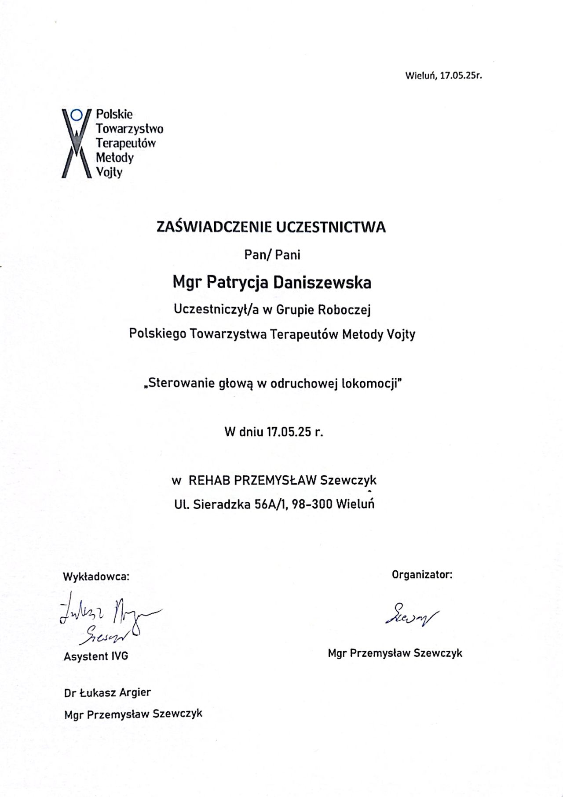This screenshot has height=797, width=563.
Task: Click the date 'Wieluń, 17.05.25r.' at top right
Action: tap(443, 75)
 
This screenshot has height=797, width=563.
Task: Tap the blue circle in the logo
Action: tap(77, 115)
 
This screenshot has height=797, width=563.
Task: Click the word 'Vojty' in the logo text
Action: tap(109, 172)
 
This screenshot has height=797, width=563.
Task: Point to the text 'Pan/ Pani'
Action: tap(272, 255)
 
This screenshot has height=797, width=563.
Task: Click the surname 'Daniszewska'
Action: tap(322, 283)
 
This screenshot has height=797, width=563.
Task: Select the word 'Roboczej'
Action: tap(344, 310)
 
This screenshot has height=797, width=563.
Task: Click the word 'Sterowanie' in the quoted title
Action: tap(181, 384)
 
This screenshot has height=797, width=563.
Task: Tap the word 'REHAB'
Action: tap(209, 480)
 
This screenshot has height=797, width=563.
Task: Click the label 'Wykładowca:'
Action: tap(97, 576)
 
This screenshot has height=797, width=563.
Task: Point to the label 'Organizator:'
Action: tap(422, 574)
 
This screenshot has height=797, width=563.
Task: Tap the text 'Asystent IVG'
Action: tap(96, 656)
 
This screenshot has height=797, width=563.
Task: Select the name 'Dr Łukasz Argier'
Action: tap(107, 692)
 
